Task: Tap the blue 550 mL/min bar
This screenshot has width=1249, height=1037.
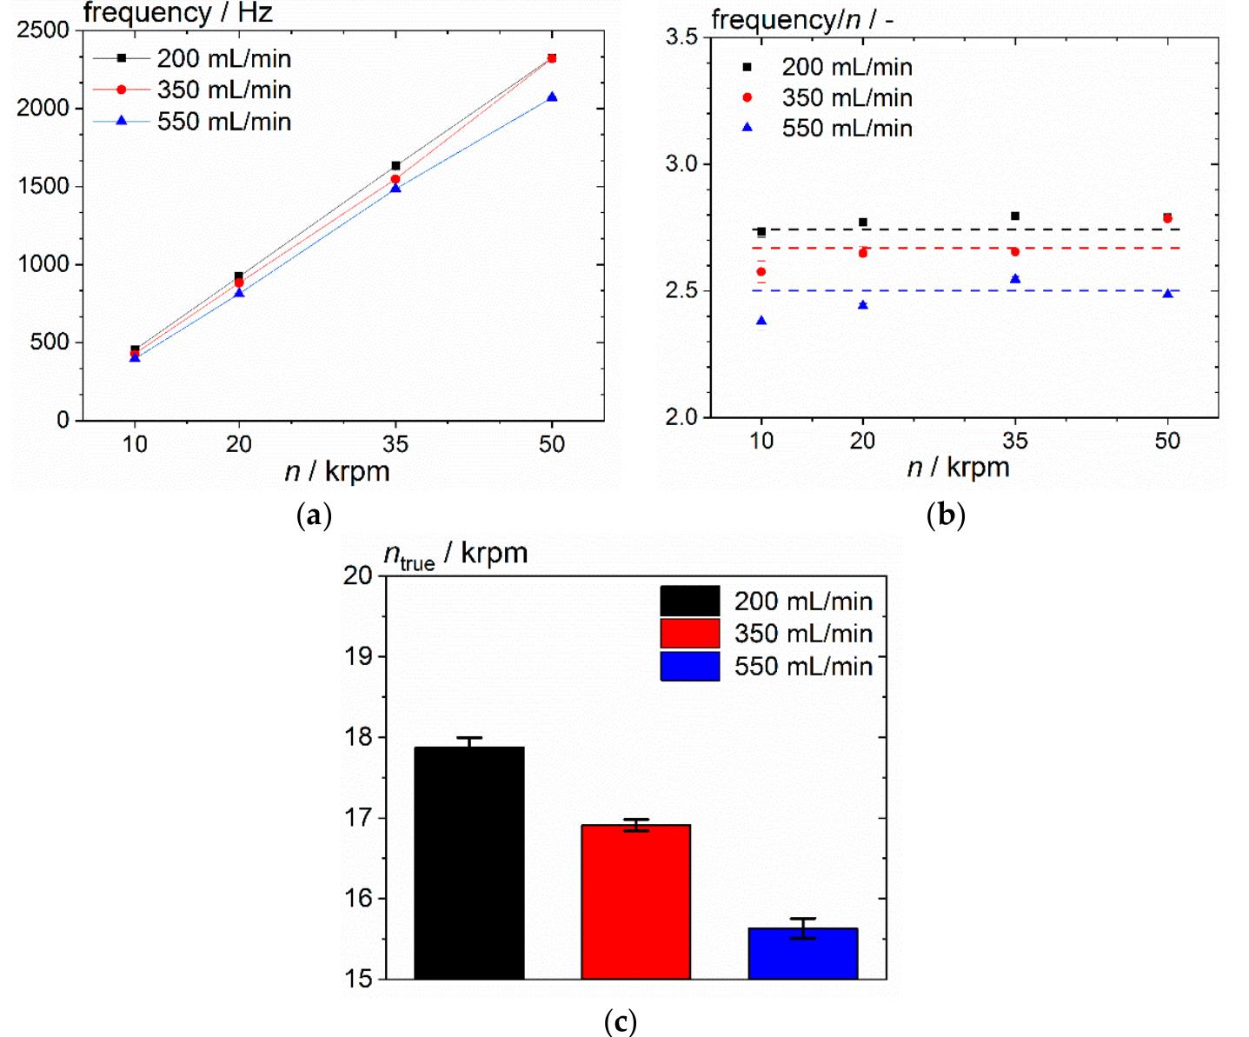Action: (x=802, y=954)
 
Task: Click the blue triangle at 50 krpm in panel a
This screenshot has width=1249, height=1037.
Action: (x=552, y=97)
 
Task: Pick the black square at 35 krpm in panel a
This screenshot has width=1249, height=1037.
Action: (x=395, y=165)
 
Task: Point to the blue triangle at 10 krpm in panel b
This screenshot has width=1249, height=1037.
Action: (x=761, y=322)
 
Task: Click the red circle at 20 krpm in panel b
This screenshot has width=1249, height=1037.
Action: (x=863, y=253)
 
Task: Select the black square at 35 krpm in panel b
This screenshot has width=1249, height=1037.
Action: (x=1015, y=216)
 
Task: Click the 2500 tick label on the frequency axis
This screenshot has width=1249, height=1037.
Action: (x=43, y=30)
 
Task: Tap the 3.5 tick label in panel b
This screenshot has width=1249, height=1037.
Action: (x=681, y=37)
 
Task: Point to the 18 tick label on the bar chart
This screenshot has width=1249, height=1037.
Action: (x=359, y=737)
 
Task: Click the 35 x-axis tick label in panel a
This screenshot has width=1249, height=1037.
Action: (x=395, y=444)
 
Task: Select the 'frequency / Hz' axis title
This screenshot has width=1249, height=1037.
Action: (x=178, y=13)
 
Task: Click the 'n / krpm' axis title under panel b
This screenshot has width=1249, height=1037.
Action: (x=958, y=468)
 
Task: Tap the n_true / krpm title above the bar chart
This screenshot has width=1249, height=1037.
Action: (x=455, y=555)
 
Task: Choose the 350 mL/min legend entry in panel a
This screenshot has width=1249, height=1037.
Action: (x=223, y=90)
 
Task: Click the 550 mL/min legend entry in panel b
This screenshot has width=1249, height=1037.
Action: (x=847, y=128)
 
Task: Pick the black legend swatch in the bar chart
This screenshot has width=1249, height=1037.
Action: (x=689, y=601)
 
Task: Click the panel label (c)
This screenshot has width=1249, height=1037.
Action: (x=620, y=1020)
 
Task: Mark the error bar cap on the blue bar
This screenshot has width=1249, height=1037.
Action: (x=802, y=919)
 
